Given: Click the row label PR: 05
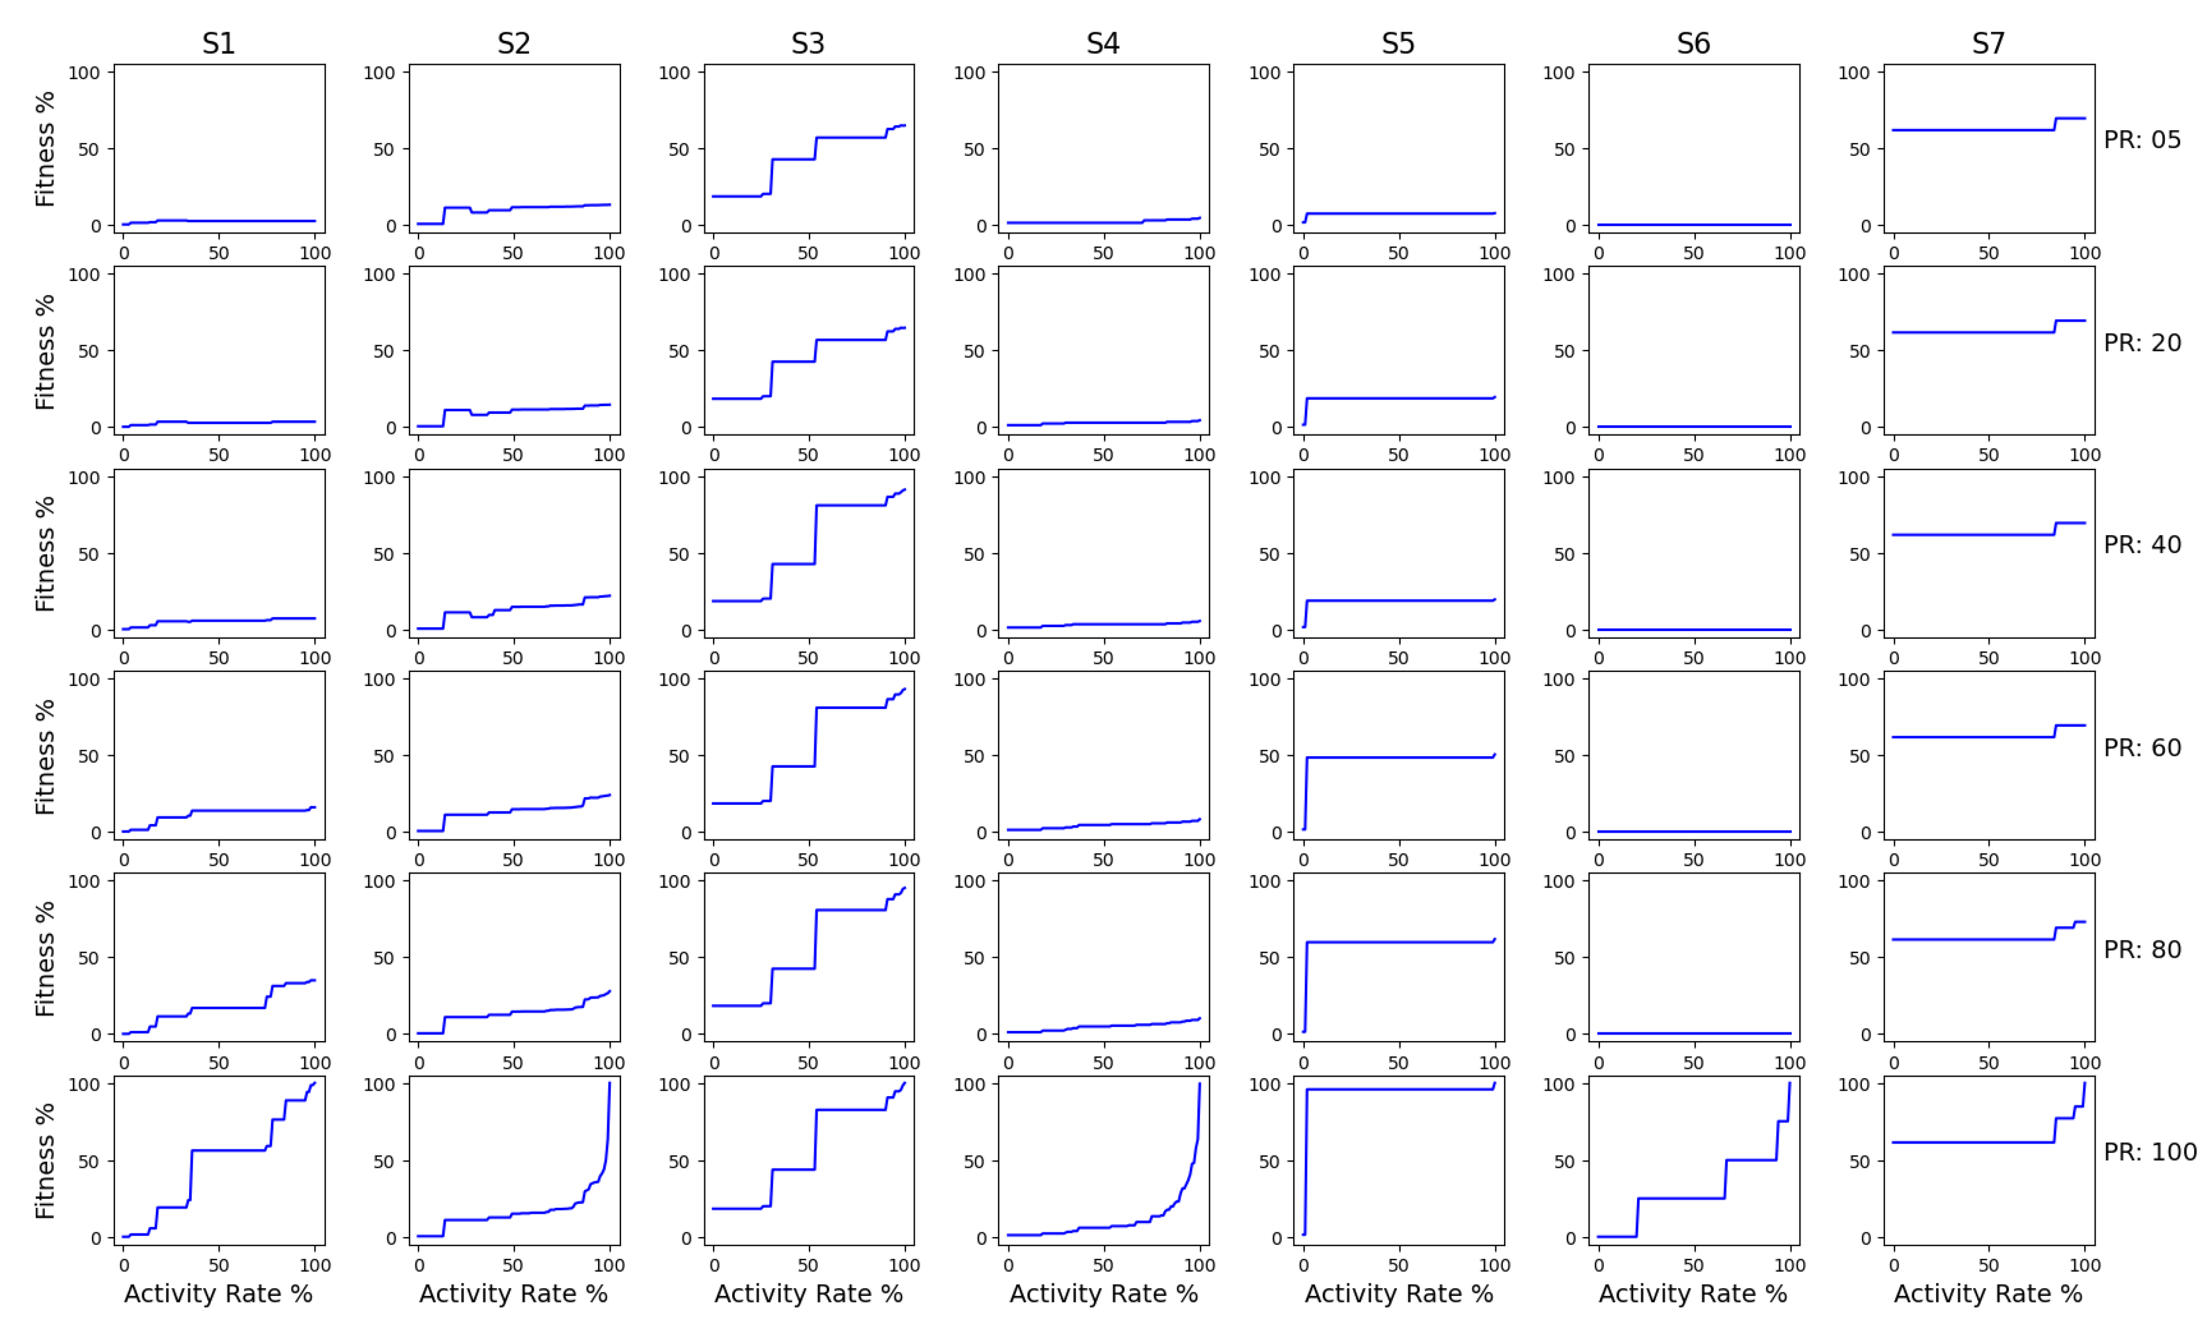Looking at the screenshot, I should pos(2141,140).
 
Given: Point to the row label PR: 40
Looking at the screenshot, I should pos(2141,544).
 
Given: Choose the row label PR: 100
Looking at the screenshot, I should pos(2149,1152).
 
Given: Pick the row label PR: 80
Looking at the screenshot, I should pos(2141,949).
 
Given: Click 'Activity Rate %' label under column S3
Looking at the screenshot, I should pos(807,1293).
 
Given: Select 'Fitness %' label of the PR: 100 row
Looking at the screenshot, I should pos(45,1161).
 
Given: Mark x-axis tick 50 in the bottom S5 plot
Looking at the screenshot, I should pos(1398,1265).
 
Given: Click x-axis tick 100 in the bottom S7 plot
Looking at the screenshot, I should pos(2084,1265).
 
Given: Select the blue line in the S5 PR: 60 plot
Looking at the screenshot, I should pos(1398,757).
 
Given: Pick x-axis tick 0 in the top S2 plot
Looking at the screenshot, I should pos(419,253).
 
